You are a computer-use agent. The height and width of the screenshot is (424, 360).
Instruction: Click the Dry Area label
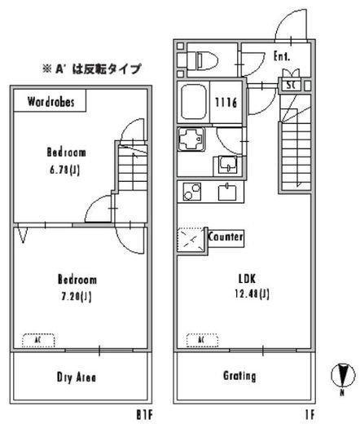point(77,377)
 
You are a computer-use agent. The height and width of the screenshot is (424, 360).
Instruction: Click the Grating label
point(240,376)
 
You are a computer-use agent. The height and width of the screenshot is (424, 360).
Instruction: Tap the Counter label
point(226,236)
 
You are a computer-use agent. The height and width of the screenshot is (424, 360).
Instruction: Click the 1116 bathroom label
point(226,102)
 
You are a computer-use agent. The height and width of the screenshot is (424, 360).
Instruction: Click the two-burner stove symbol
point(193,192)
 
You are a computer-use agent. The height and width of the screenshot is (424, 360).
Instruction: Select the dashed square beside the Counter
point(191,241)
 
